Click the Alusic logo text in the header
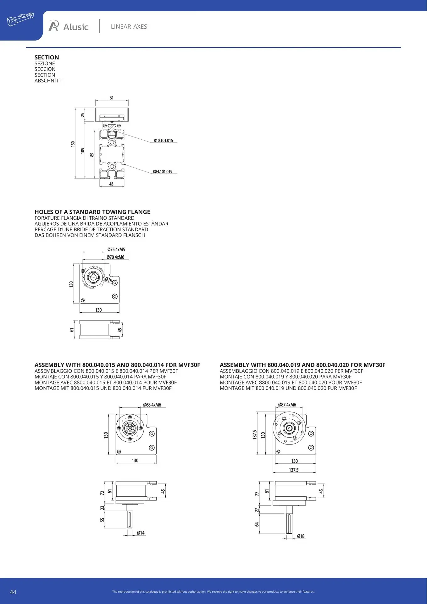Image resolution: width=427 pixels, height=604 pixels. (76, 27)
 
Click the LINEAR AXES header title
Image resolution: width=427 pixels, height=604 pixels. (129, 27)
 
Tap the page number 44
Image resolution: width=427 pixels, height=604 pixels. (13, 592)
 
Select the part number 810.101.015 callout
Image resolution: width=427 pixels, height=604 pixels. (163, 141)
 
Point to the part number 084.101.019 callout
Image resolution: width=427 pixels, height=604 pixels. (163, 171)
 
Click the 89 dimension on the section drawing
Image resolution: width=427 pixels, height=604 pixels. (92, 155)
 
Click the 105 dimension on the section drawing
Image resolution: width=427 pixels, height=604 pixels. (83, 151)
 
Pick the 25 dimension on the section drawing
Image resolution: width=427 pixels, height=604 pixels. (83, 115)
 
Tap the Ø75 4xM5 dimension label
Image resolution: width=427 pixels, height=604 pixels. (116, 249)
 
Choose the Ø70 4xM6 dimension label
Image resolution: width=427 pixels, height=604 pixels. (115, 257)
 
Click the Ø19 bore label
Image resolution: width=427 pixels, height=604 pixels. (108, 279)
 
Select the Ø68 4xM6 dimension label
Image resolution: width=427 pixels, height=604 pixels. (152, 405)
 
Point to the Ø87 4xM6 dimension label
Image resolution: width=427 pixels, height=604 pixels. (287, 405)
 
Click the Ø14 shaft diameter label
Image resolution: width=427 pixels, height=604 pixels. (141, 533)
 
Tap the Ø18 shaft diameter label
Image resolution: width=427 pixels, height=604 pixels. (301, 536)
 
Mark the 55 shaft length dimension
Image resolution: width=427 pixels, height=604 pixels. (102, 520)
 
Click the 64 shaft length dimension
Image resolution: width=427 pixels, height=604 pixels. (257, 524)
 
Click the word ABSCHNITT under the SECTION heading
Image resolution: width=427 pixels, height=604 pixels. (48, 81)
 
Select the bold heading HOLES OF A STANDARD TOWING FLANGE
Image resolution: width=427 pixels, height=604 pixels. (92, 212)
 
